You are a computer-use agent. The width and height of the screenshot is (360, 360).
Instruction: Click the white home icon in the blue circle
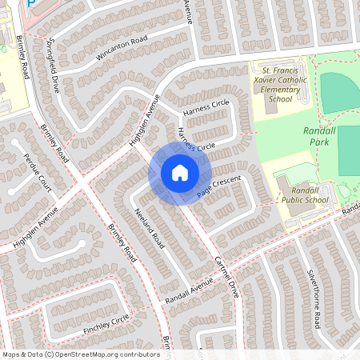pos(179,172)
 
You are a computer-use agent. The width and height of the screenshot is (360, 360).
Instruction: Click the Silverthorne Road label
pos(312,298)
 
